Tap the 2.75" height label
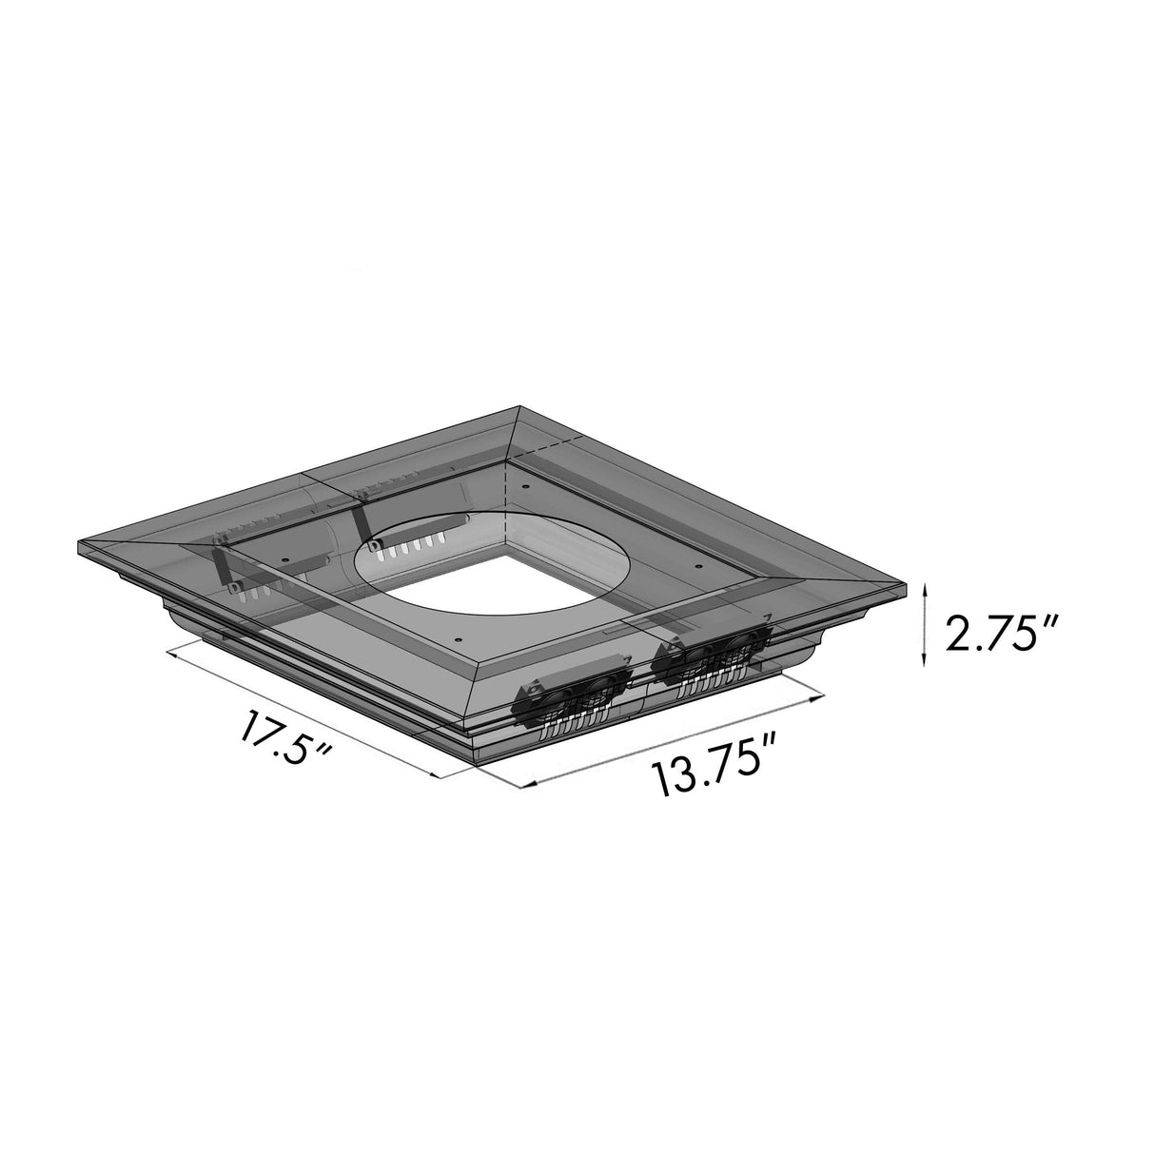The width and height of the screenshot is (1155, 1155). pos(999,633)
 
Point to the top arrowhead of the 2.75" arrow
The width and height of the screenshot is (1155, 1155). pos(923,589)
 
